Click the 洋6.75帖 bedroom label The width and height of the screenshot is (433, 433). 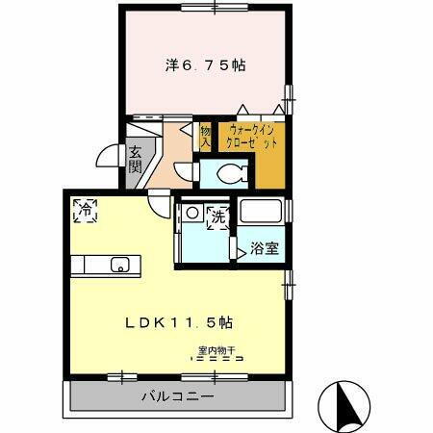pos(204,66)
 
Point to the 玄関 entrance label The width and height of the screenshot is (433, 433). pos(136,166)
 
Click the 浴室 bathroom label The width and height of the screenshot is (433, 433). pos(265,248)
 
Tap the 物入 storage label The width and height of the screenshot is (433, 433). pos(206,136)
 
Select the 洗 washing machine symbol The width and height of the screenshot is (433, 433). pos(217,217)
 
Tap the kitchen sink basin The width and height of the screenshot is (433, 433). pos(120,265)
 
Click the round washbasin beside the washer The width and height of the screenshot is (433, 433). pos(192,213)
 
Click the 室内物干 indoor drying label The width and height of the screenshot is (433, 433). pos(217,349)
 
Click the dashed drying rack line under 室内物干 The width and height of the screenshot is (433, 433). pos(217,358)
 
